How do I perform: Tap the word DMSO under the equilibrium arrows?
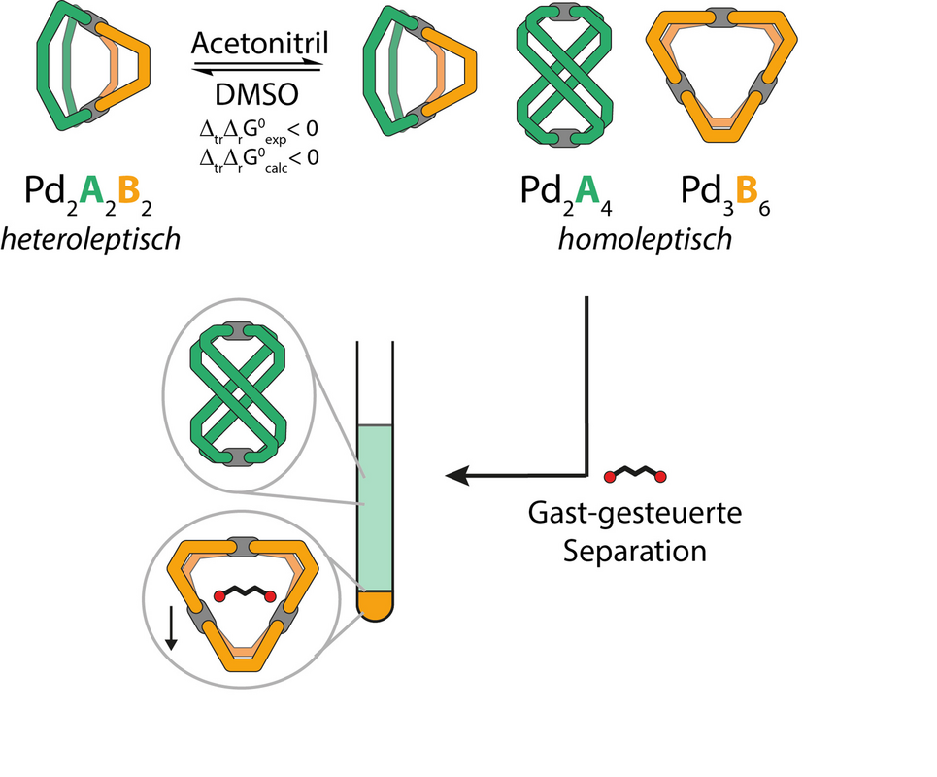tap(257, 94)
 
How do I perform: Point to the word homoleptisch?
tap(645, 239)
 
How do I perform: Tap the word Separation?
tap(635, 551)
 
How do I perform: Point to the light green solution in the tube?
tap(374, 505)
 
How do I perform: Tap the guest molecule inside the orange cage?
tap(243, 592)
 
